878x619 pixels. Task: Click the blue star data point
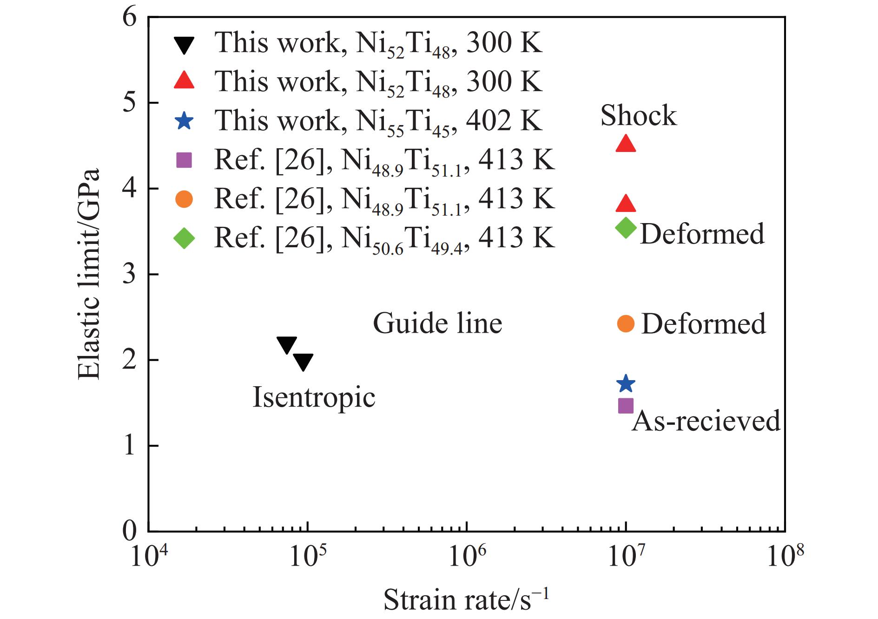[626, 383]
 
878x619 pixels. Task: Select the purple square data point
[626, 406]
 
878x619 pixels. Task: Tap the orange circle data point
[626, 323]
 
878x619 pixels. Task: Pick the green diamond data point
[626, 227]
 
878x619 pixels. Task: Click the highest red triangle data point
[626, 144]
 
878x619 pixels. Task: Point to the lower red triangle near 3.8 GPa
[626, 203]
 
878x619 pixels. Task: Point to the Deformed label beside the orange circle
[703, 323]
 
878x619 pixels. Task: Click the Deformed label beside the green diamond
[702, 233]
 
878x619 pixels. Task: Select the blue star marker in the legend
[185, 121]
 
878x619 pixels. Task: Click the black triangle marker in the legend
[185, 45]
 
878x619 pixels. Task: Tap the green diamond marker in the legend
[185, 238]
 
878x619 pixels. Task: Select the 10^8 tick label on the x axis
[785, 554]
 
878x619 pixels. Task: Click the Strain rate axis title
[466, 599]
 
